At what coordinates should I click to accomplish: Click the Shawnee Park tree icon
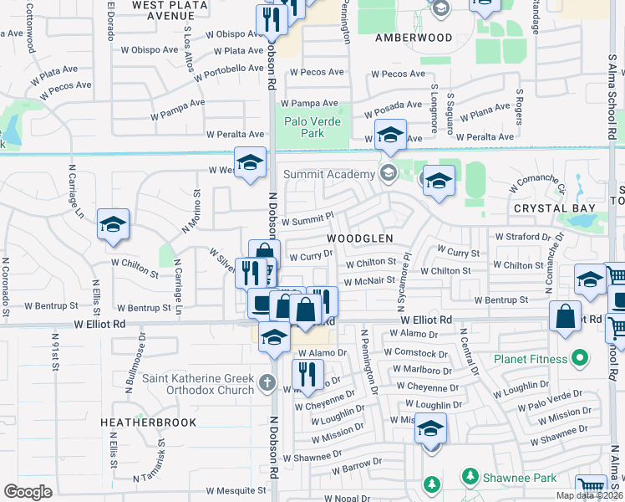pos(470,477)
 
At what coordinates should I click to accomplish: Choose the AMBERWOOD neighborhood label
pos(414,38)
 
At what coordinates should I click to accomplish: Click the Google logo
pos(28,492)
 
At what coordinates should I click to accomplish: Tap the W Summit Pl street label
pos(307,222)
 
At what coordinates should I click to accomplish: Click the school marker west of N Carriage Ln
pos(113,225)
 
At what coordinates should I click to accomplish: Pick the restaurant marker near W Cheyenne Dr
pos(307,374)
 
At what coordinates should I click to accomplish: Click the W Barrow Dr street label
pos(355,461)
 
